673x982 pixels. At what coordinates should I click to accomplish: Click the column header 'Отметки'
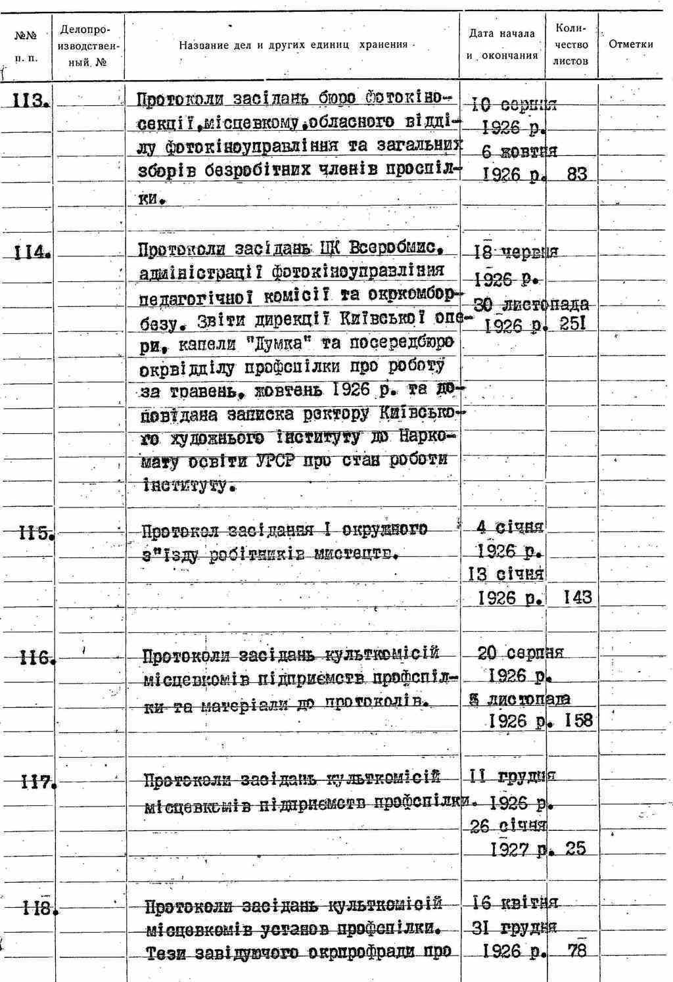pyautogui.click(x=631, y=45)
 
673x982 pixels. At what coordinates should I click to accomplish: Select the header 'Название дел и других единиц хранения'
pyautogui.click(x=293, y=45)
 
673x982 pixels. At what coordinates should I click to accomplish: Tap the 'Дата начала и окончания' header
pyautogui.click(x=503, y=45)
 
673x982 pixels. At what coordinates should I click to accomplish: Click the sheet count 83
pyautogui.click(x=576, y=174)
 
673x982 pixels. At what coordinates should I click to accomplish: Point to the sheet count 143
pyautogui.click(x=577, y=597)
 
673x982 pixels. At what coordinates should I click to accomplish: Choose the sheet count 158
pyautogui.click(x=578, y=720)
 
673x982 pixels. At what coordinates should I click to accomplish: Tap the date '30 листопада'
pyautogui.click(x=531, y=305)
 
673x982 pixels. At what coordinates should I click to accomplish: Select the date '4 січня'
pyautogui.click(x=511, y=527)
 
